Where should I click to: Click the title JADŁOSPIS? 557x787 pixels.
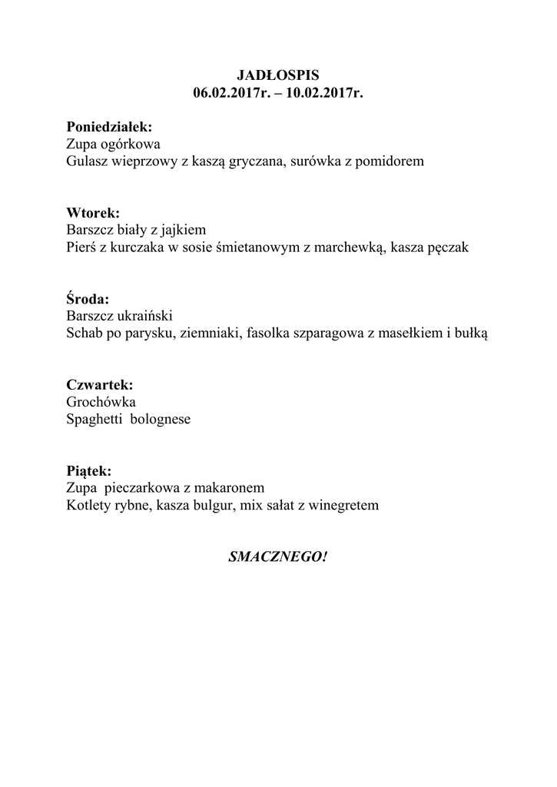[277, 76]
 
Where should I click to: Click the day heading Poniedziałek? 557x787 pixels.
[109, 127]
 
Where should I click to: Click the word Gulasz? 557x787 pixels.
[87, 162]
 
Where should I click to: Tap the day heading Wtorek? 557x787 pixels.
[93, 213]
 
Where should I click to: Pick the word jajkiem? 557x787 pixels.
[183, 230]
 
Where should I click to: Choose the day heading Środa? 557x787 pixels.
[88, 298]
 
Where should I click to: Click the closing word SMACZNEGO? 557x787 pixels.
[277, 556]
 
